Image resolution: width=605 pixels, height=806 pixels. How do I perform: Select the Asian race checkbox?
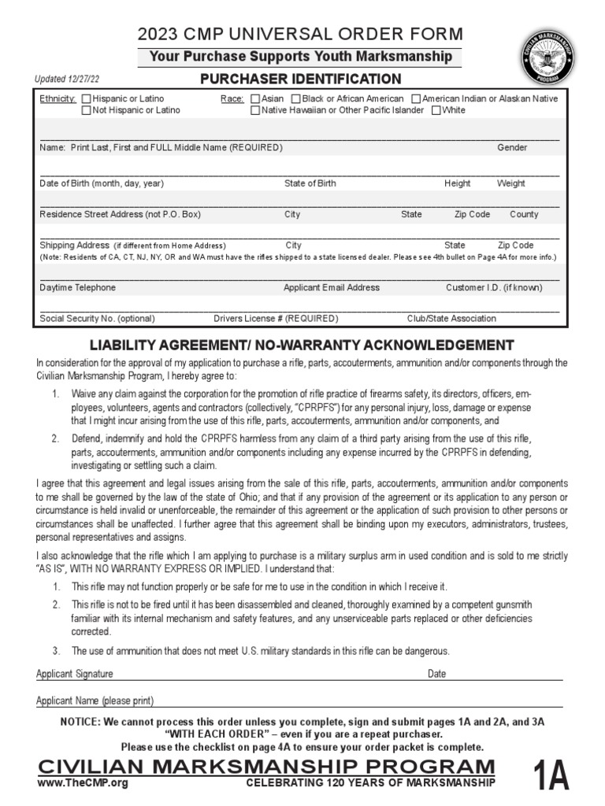[x=255, y=99]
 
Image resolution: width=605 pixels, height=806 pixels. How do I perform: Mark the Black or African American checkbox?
[x=295, y=99]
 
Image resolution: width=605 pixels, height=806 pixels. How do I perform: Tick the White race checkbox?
[x=436, y=110]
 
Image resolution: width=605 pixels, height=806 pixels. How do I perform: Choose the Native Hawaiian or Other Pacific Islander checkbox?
[x=255, y=110]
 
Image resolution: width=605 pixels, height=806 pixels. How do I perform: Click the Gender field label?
[x=512, y=148]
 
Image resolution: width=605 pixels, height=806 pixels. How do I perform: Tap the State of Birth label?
[x=310, y=183]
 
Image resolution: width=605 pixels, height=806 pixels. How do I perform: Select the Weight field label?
[x=510, y=183]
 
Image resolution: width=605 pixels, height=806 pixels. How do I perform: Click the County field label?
[x=524, y=214]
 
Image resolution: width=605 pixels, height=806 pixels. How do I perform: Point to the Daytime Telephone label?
[x=77, y=288]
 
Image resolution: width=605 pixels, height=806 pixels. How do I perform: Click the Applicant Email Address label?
[x=331, y=288]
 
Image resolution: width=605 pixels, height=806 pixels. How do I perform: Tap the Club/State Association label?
[x=451, y=319]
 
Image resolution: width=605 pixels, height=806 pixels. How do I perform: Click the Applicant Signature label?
[x=75, y=674]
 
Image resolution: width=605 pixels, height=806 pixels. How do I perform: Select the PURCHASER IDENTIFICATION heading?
[x=300, y=79]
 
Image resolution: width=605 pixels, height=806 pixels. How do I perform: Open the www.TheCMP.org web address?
[x=82, y=783]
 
